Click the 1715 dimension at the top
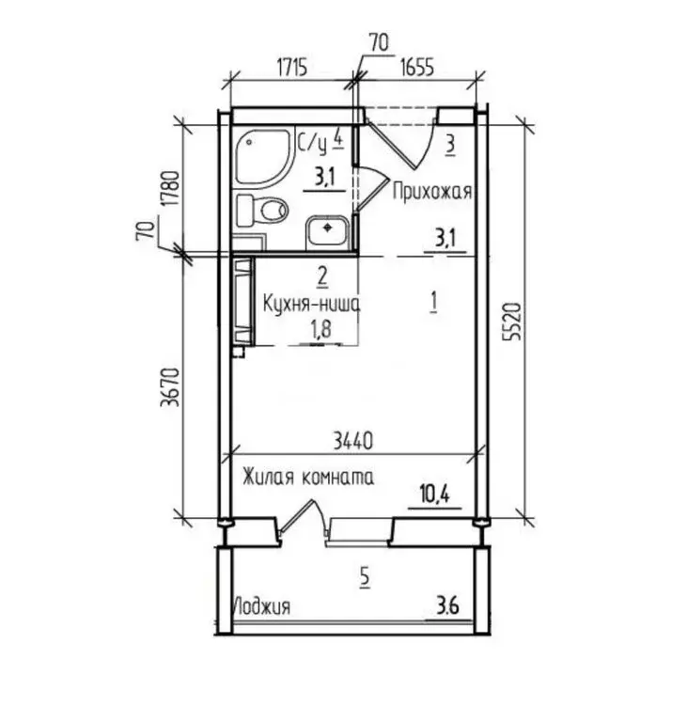291,68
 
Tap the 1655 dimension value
417,68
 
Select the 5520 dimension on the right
512,322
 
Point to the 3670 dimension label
170,386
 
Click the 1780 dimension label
170,188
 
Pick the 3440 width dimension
352,441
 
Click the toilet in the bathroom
261,211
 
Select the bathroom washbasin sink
326,230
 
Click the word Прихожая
432,191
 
